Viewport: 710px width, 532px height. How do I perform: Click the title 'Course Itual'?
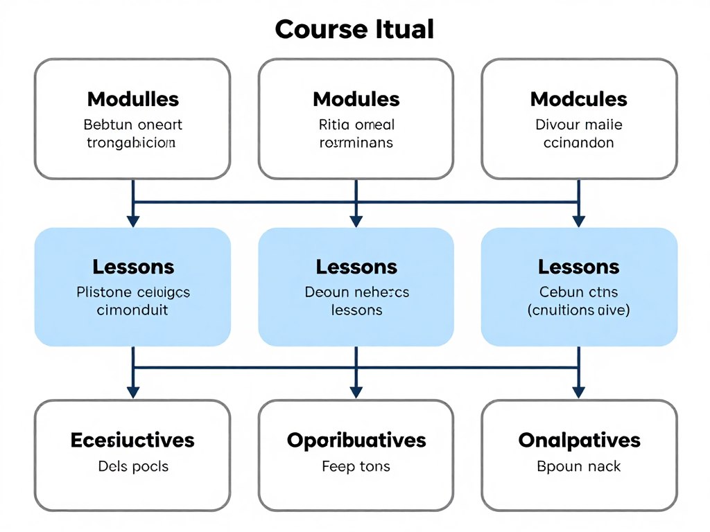click(x=354, y=29)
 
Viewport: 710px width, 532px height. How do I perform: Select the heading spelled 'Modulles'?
click(x=132, y=99)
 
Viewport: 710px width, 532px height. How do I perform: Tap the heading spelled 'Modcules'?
click(x=578, y=99)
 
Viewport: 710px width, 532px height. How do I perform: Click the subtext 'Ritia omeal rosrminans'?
click(x=356, y=134)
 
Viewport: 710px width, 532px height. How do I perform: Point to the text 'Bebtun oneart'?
click(x=132, y=125)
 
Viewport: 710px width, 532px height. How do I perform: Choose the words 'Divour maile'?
click(x=578, y=125)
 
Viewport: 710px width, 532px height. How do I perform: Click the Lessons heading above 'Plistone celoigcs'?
click(x=132, y=267)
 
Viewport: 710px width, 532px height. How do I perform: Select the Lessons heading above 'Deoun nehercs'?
click(x=356, y=267)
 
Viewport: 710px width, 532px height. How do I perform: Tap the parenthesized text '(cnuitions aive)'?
click(x=578, y=310)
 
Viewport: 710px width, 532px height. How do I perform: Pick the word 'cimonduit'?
click(x=132, y=310)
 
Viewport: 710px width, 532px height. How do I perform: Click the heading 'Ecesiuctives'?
click(x=132, y=440)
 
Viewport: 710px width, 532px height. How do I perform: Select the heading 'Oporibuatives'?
click(x=356, y=440)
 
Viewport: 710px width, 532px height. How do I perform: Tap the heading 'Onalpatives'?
click(x=578, y=440)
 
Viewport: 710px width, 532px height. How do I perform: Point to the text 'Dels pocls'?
click(x=132, y=466)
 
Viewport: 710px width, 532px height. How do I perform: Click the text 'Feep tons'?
click(x=356, y=466)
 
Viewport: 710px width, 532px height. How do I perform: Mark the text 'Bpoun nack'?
click(x=578, y=466)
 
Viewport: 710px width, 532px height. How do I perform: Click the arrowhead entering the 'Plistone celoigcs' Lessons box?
click(x=132, y=221)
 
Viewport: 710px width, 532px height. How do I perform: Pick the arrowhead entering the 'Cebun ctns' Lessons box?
click(x=578, y=221)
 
